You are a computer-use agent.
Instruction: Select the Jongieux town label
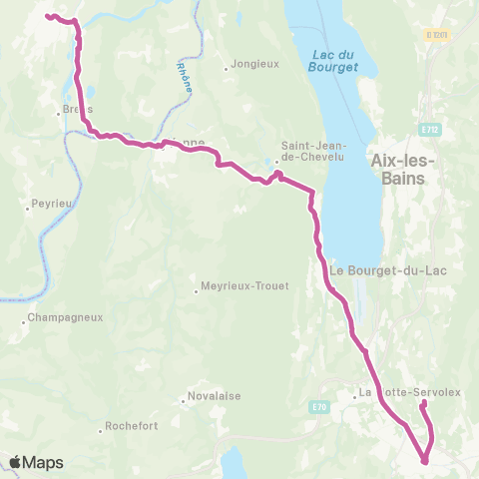pos(254,64)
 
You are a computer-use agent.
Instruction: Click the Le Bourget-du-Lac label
pos(379,269)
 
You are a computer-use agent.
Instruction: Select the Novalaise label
pos(215,395)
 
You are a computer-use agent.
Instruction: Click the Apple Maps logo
pos(36,462)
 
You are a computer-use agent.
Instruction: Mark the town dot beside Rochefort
pos(102,430)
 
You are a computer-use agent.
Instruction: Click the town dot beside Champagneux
pos(24,322)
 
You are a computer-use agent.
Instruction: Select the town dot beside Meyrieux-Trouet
pos(197,291)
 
